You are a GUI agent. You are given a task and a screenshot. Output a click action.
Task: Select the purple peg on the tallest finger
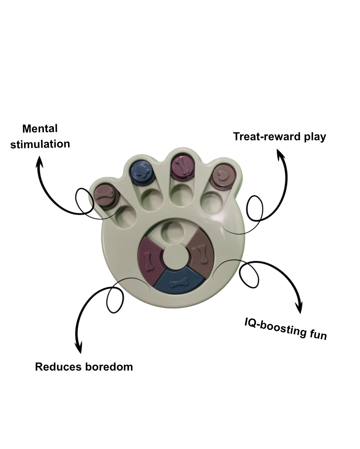[181, 165]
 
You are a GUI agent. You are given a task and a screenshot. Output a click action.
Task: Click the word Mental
[40, 129]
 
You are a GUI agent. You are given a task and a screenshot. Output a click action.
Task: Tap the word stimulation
[40, 145]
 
